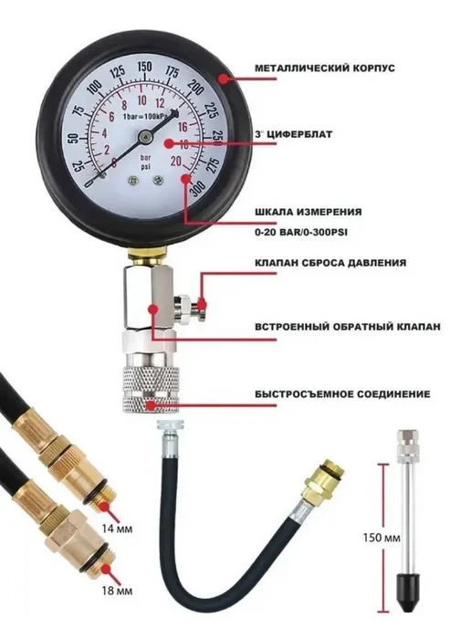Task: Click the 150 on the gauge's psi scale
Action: tap(144, 67)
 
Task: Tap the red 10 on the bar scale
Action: tap(141, 100)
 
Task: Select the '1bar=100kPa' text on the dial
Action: tap(146, 117)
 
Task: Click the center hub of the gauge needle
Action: tap(145, 137)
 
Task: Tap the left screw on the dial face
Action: tap(131, 181)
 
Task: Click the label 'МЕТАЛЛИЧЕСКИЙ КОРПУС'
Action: tap(325, 68)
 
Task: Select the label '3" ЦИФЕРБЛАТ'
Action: tap(294, 134)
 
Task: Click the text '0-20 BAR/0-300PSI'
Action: tap(301, 232)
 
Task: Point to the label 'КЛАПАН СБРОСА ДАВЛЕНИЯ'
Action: tap(330, 263)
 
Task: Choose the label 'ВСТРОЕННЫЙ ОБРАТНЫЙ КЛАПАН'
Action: tap(348, 327)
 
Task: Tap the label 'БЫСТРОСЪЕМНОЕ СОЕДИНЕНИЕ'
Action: tap(343, 394)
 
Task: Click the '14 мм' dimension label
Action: tap(117, 529)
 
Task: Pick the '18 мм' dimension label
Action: tap(117, 591)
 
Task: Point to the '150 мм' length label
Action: tap(382, 537)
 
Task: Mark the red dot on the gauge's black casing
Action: tap(224, 78)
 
